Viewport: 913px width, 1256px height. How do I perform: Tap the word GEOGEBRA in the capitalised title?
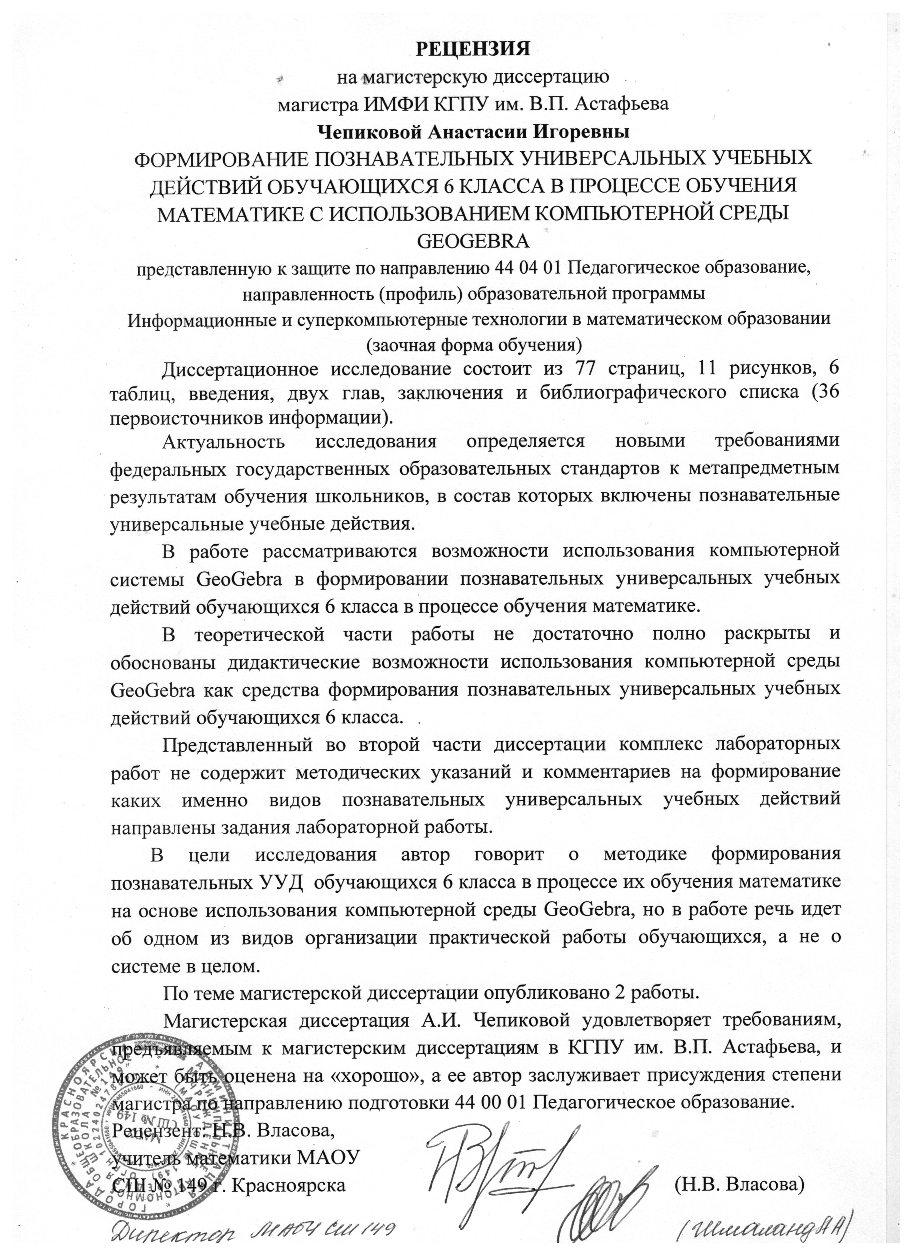tap(472, 242)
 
